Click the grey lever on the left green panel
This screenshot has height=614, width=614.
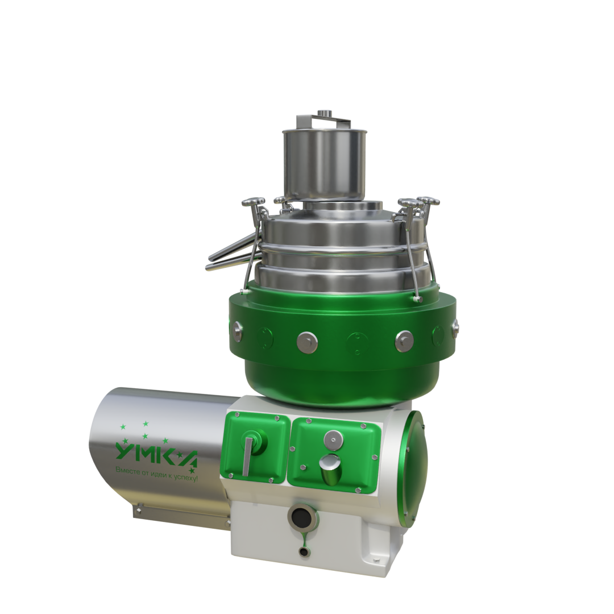(x=247, y=456)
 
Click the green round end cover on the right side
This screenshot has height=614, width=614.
(x=416, y=465)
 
